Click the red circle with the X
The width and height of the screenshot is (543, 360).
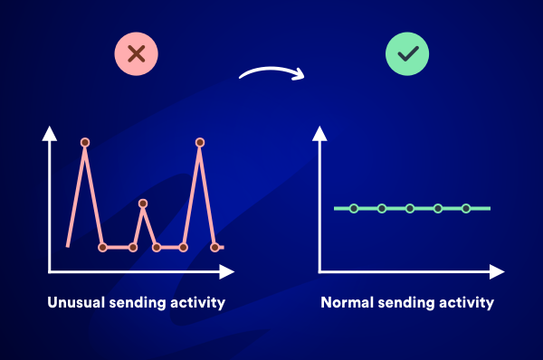tap(137, 54)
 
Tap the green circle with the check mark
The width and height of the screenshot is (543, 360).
tap(407, 54)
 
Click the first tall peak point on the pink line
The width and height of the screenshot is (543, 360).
tap(85, 142)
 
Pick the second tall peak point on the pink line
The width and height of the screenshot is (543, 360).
tap(200, 142)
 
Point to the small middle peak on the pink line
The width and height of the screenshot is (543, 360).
tap(142, 204)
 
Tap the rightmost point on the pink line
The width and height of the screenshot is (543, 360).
tap(214, 246)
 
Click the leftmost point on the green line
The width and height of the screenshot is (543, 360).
tap(354, 208)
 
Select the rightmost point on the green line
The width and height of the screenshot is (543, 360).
tap(466, 208)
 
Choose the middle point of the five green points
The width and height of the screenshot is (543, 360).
tap(410, 208)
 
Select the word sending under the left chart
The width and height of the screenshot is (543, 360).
tap(137, 302)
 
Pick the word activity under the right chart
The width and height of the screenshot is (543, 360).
tap(465, 302)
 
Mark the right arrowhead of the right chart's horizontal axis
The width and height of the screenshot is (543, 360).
tap(497, 271)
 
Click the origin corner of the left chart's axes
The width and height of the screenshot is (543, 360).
tap(51, 271)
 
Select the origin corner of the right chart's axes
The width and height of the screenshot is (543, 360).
tap(320, 271)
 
